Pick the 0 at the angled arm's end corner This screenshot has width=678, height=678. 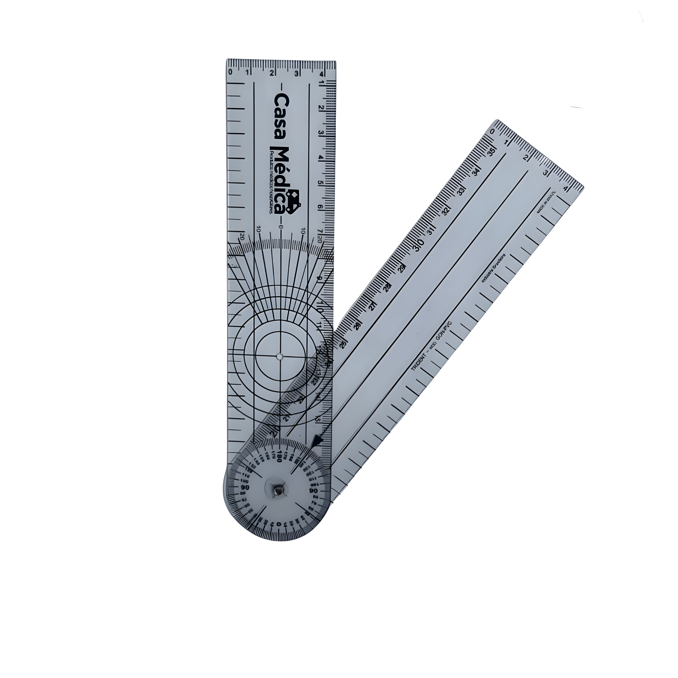pyautogui.click(x=493, y=132)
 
